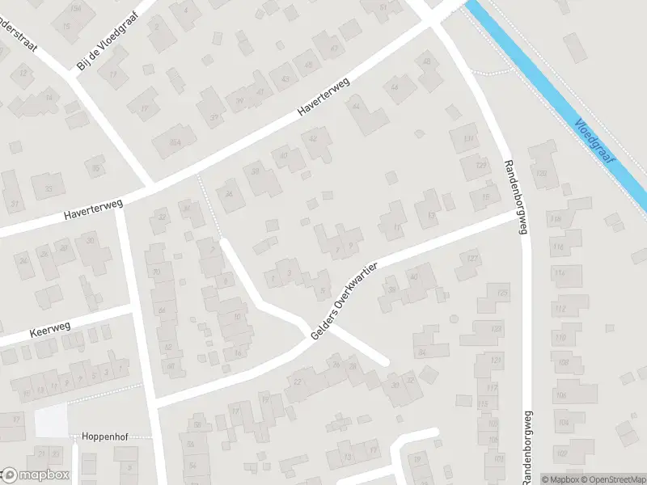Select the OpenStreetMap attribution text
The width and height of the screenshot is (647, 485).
point(611,479)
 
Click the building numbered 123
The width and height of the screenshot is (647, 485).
point(503,292)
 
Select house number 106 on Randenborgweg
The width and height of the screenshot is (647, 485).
point(560,395)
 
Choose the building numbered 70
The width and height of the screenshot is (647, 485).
point(154,272)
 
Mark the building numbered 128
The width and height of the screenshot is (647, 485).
point(543,175)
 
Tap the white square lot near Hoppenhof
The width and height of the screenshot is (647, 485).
point(50,421)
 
